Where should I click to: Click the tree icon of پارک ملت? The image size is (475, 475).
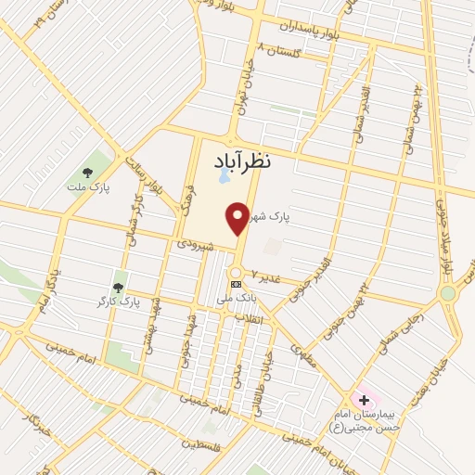pyautogui.click(x=87, y=172)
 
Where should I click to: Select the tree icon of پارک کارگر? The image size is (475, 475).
pyautogui.click(x=118, y=275)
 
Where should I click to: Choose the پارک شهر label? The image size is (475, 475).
pyautogui.click(x=276, y=217)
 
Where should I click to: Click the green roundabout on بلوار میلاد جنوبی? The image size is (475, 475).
pyautogui.click(x=449, y=294)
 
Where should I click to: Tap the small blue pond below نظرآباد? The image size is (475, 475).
pyautogui.click(x=224, y=174)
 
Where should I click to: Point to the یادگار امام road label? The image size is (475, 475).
pyautogui.click(x=44, y=287)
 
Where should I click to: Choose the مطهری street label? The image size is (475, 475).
pyautogui.click(x=302, y=353)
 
